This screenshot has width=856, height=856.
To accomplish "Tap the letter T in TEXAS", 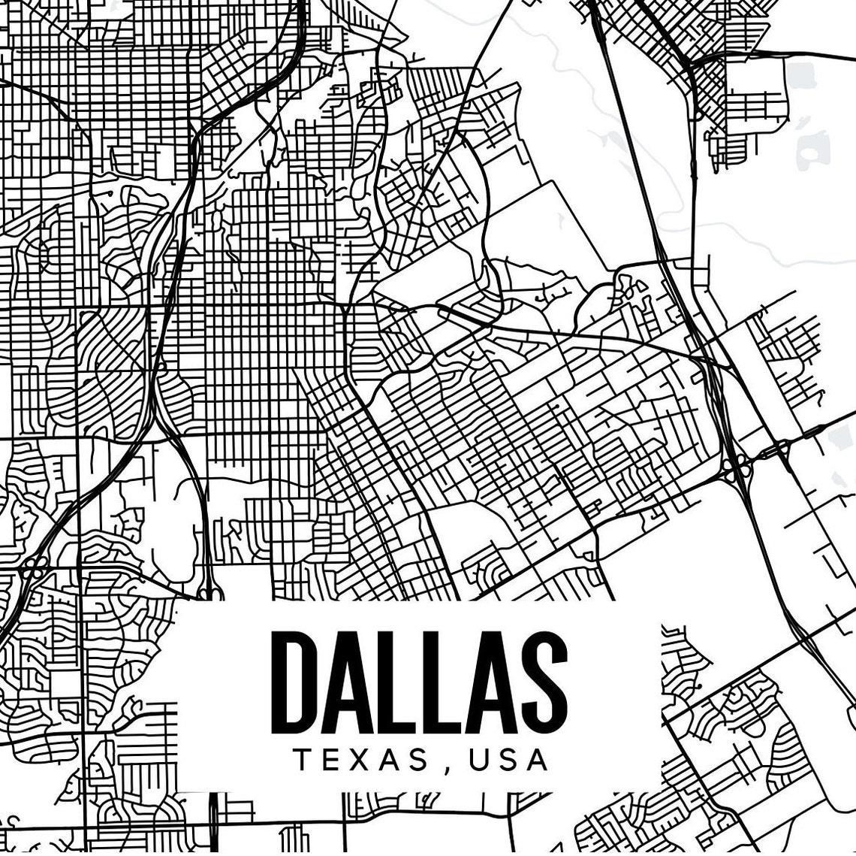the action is (x=303, y=760).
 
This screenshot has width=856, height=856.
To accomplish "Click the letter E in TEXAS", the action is (x=330, y=760).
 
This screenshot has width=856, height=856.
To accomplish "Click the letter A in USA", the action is (x=535, y=760).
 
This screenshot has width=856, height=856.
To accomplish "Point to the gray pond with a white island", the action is (x=810, y=149).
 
